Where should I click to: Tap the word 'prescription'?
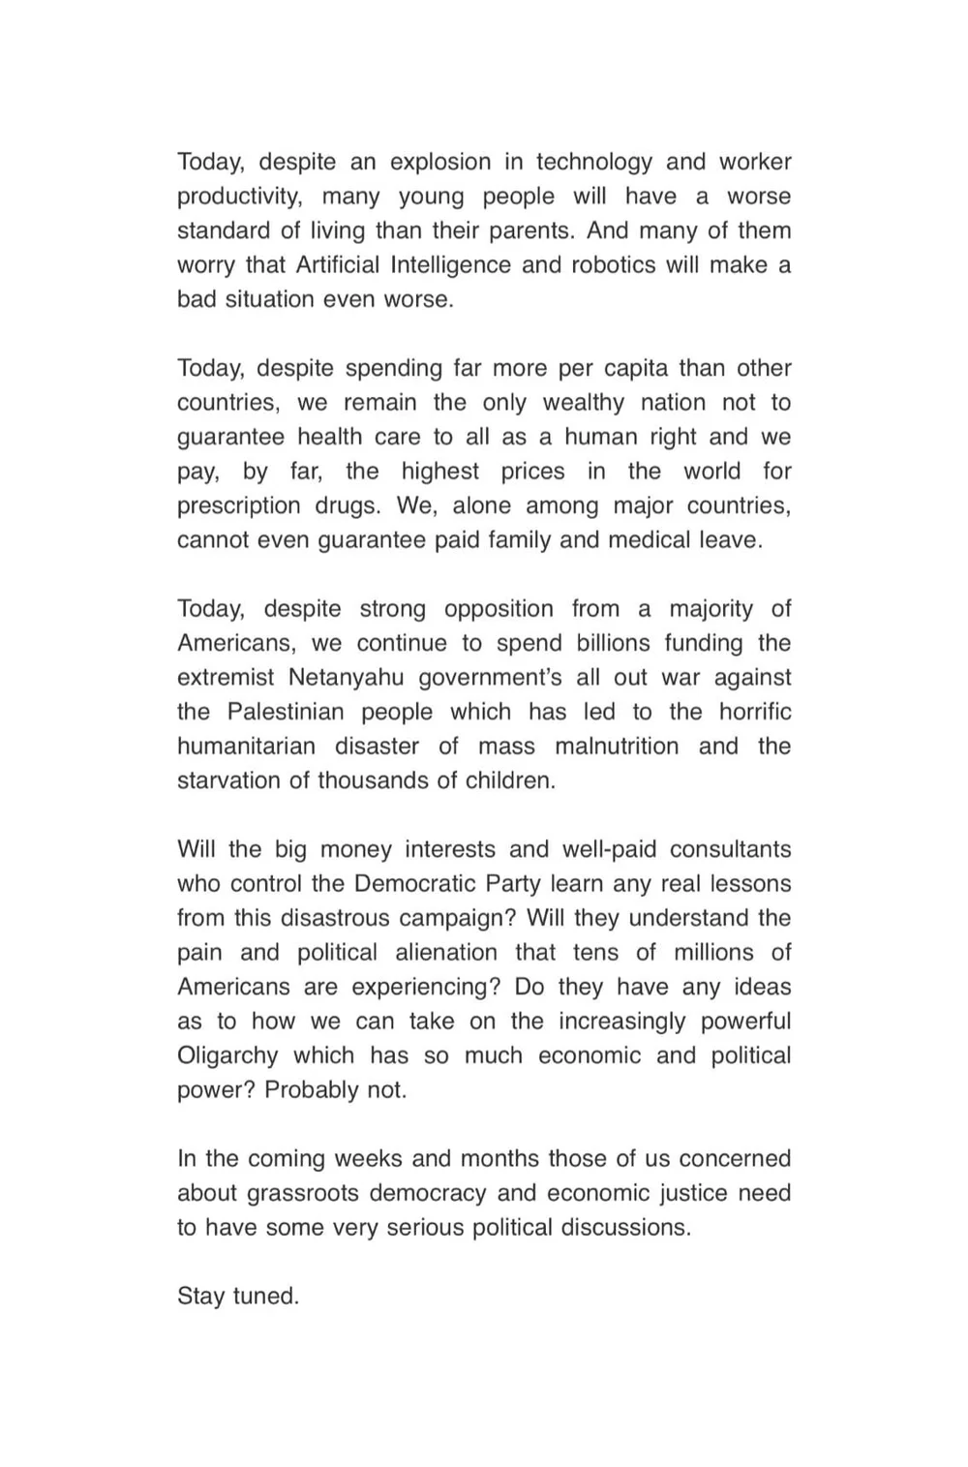click(238, 505)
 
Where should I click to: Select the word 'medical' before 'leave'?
click(648, 540)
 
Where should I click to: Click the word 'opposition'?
click(499, 609)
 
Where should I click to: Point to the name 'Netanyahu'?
click(347, 678)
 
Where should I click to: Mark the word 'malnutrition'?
click(617, 747)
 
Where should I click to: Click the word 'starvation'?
click(229, 780)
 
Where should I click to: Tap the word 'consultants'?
click(730, 849)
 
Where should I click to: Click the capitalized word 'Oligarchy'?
click(227, 1055)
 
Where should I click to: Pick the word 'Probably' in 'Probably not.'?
click(312, 1090)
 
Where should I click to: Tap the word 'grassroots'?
click(304, 1193)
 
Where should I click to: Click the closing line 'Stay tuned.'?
click(238, 1296)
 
